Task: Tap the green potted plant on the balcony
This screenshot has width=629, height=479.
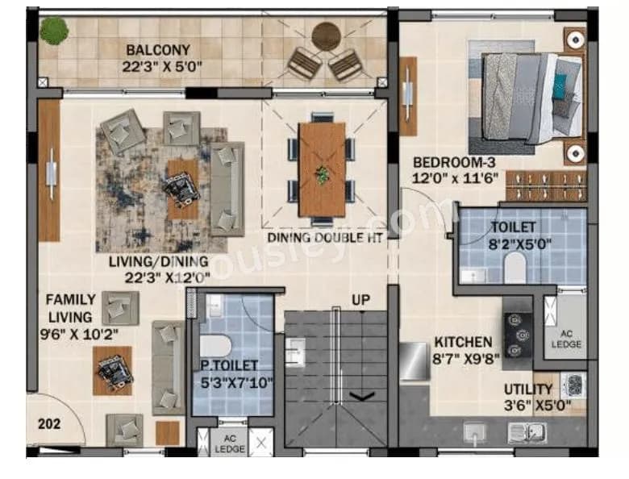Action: tap(54, 31)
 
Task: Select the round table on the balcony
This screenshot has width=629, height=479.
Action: tap(326, 35)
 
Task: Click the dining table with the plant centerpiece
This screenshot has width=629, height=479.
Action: tap(322, 169)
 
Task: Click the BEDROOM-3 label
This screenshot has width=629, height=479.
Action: tap(449, 160)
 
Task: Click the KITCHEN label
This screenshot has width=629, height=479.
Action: tap(464, 341)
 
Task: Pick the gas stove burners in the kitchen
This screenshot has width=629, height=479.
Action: tap(516, 327)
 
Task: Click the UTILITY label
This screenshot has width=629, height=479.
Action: tap(528, 389)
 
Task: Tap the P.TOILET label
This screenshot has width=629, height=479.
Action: tap(230, 365)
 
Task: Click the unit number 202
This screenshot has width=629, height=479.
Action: tap(50, 421)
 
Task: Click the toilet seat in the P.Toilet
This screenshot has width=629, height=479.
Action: tap(217, 345)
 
